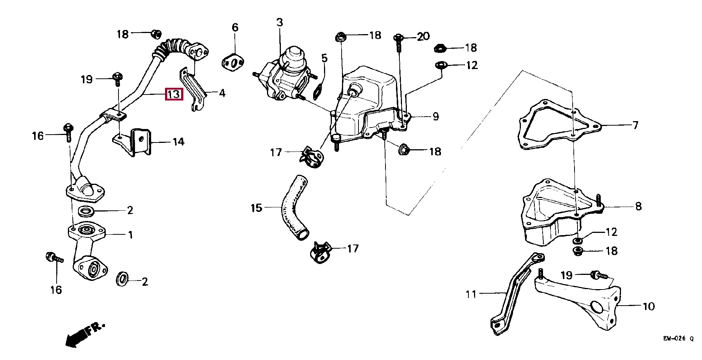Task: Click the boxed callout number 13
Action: coord(174,94)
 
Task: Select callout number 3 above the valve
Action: coord(280,22)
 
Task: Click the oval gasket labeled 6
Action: coord(234,63)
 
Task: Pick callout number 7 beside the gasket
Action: coord(635,125)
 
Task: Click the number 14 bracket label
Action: coord(178,142)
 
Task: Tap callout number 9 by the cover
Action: coord(435,117)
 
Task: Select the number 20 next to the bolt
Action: coord(423,36)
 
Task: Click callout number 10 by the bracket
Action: coord(648,306)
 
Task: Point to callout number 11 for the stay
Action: coord(471,294)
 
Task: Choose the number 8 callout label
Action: coord(638,206)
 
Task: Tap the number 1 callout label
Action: coord(130,235)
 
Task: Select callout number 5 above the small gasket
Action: coord(324,58)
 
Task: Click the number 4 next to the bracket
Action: coord(222,93)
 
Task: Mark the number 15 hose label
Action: coord(256,207)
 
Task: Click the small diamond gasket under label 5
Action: coord(319,90)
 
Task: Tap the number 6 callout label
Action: coord(235,27)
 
